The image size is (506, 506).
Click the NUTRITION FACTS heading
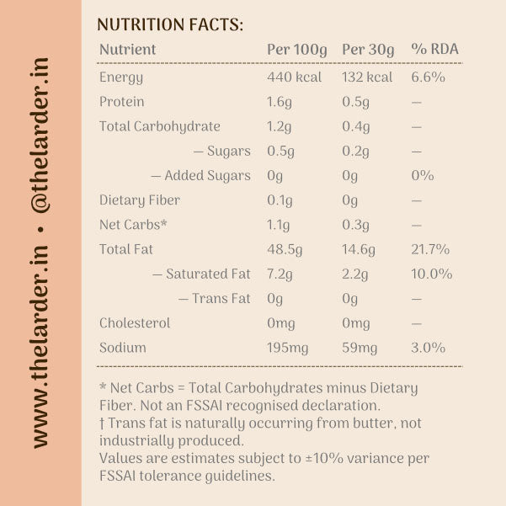(170, 24)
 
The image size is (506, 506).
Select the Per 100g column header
(297, 50)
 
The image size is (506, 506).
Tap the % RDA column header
(434, 49)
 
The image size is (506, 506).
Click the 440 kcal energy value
(294, 77)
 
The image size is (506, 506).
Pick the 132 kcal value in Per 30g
(367, 77)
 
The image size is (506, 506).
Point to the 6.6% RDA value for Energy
(428, 77)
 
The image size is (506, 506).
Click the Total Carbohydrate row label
(160, 126)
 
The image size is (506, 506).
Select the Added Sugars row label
(200, 176)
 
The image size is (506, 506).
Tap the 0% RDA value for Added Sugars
(422, 176)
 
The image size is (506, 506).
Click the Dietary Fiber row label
(140, 200)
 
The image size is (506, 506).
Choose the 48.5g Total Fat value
(285, 250)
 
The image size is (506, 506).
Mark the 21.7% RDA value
(430, 249)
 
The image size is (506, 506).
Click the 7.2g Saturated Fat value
(280, 274)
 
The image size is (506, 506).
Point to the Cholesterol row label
(135, 323)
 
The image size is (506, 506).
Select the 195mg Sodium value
(288, 349)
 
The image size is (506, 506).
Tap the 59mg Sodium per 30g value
(360, 349)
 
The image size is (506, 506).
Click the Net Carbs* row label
(133, 225)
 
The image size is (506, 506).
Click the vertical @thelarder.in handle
(40, 136)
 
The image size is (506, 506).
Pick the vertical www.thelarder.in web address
(40, 347)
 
